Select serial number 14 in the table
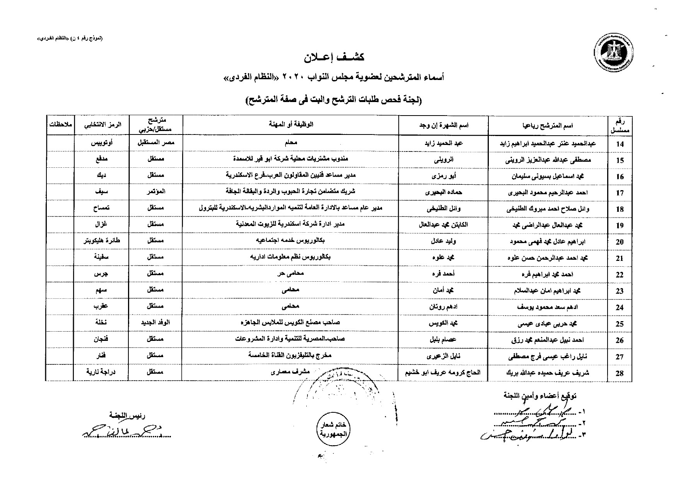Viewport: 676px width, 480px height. pyautogui.click(x=620, y=144)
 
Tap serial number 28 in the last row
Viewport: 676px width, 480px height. pyautogui.click(x=620, y=373)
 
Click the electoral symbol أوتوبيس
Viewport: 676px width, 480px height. pyautogui.click(x=101, y=143)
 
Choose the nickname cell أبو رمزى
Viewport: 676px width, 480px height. pyautogui.click(x=443, y=175)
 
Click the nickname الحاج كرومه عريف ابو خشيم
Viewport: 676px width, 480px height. pyautogui.click(x=443, y=373)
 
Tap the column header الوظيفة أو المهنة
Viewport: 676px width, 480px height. pyautogui.click(x=290, y=124)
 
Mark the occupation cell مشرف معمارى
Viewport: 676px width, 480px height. pyautogui.click(x=290, y=372)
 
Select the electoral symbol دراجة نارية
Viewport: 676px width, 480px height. pyautogui.click(x=101, y=372)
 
